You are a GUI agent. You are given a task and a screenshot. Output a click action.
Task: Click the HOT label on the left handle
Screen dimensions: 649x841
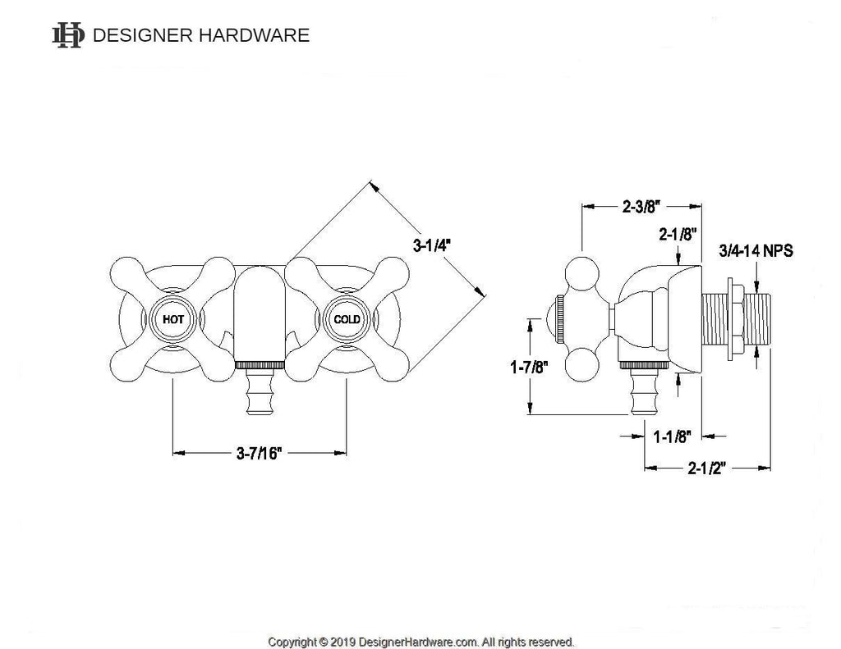click(173, 319)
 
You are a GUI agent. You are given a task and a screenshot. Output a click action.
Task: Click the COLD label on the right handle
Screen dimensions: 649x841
click(346, 319)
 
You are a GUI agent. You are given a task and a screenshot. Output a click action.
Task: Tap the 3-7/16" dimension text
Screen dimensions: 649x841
click(259, 453)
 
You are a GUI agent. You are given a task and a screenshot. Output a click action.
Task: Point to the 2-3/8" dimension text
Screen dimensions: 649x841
click(641, 208)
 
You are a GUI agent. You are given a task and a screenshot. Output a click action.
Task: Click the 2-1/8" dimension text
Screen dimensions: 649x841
click(678, 235)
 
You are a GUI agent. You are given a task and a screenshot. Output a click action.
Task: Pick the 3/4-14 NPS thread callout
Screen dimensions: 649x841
click(756, 250)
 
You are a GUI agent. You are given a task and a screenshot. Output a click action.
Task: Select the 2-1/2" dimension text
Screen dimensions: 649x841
click(707, 468)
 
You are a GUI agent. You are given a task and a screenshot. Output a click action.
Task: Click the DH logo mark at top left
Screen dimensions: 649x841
click(67, 34)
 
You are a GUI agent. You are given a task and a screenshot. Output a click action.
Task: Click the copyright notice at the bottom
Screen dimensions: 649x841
click(421, 641)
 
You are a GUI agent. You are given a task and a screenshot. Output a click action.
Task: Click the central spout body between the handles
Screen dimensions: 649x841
click(259, 316)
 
